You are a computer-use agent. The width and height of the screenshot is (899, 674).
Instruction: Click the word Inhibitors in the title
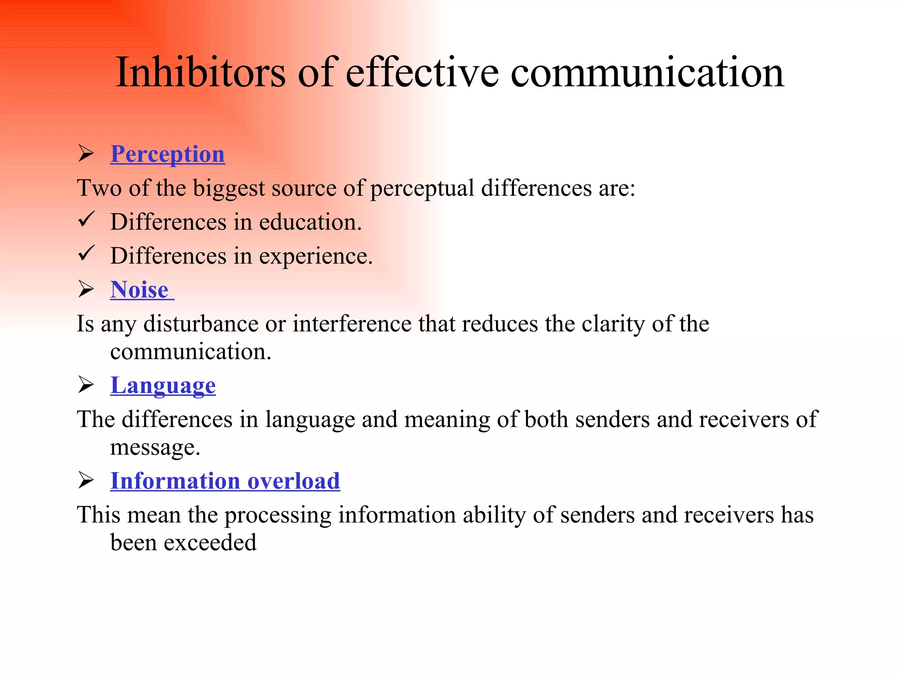[200, 73]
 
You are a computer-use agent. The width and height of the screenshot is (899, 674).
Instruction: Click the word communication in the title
[647, 73]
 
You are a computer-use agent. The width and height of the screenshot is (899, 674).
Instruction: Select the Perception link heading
[167, 154]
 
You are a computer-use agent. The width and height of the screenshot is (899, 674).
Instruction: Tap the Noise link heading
[140, 290]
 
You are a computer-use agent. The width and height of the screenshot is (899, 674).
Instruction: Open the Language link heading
[163, 385]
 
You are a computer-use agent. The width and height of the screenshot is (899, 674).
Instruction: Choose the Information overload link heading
[225, 481]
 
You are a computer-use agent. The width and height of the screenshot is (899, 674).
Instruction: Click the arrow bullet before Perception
[86, 154]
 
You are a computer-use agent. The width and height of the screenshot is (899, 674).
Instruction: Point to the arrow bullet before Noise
[86, 290]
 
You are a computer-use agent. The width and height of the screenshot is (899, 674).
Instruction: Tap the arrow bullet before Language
[86, 385]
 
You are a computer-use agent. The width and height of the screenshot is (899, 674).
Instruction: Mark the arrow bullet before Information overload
[86, 480]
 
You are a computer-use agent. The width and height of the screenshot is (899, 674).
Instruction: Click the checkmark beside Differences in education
[86, 219]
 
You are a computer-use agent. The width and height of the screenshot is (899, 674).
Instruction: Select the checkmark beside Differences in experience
[86, 253]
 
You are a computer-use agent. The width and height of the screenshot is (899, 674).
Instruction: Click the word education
[310, 222]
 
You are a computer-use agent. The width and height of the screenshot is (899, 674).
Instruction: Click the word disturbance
[201, 324]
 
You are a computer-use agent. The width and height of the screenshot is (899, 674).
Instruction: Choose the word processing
[278, 516]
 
